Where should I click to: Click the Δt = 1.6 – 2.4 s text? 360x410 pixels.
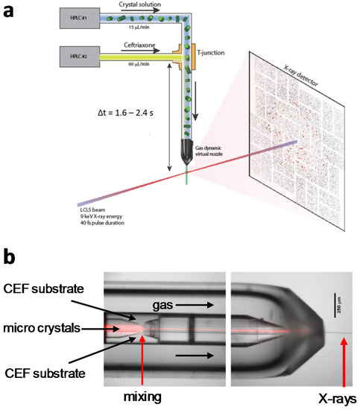(x=124, y=116)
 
